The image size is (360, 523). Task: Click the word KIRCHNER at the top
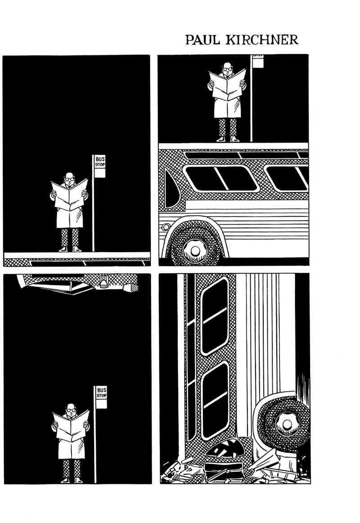point(262,40)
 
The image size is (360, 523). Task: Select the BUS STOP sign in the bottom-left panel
point(101,397)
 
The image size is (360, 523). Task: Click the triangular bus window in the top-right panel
point(171,189)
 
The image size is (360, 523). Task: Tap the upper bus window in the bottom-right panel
point(215,316)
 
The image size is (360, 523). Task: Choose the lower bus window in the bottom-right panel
point(215,400)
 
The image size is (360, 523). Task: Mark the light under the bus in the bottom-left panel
point(103,283)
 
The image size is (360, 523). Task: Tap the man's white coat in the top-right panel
point(227,105)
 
